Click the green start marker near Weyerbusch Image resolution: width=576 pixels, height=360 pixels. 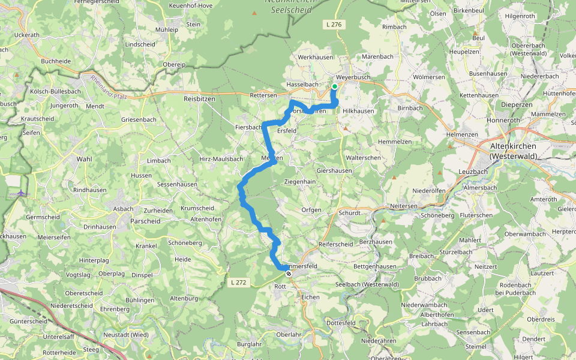click(x=334, y=86)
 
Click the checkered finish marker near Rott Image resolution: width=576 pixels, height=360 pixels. click(x=289, y=274)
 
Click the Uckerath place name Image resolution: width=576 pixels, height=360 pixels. click(x=26, y=35)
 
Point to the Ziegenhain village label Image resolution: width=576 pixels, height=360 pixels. click(x=299, y=181)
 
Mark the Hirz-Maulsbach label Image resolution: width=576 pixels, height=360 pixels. click(x=221, y=159)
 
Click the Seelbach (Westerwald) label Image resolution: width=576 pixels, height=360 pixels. click(x=367, y=284)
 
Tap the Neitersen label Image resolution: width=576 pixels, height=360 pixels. click(x=403, y=205)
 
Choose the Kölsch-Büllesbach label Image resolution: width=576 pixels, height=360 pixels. click(x=55, y=91)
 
